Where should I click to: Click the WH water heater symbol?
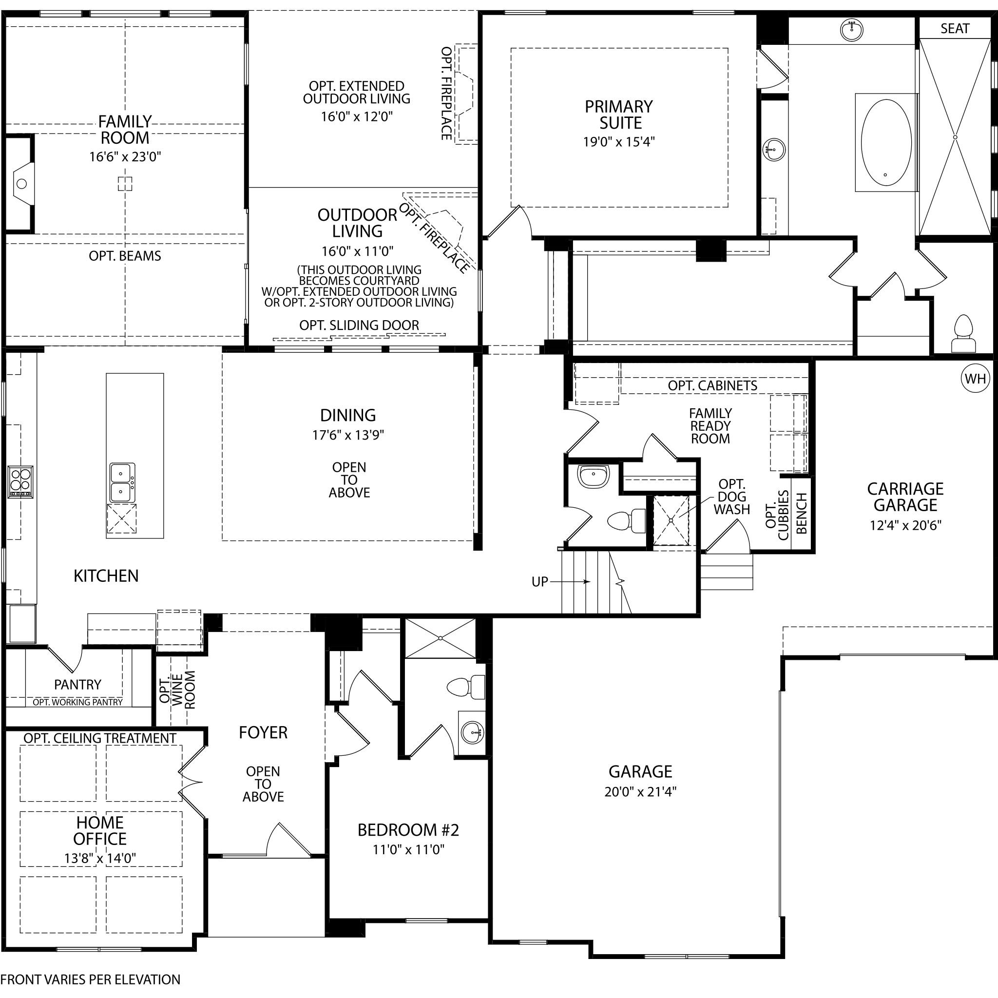[975, 379]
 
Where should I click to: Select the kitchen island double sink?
[122, 482]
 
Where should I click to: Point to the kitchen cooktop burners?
[20, 482]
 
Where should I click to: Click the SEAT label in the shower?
[955, 28]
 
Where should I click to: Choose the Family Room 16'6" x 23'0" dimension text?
[125, 156]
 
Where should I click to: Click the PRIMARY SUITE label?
[619, 115]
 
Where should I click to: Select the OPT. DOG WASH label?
[731, 497]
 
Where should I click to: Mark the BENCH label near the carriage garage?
[802, 513]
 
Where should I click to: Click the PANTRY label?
[77, 685]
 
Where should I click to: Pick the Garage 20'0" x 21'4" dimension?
[640, 791]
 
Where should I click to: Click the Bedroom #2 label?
[408, 829]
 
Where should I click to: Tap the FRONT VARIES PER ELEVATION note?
[91, 979]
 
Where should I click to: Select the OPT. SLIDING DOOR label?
[359, 325]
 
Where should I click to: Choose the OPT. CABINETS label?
[712, 385]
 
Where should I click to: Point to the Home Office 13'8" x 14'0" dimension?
[100, 858]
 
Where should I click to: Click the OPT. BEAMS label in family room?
[125, 256]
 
